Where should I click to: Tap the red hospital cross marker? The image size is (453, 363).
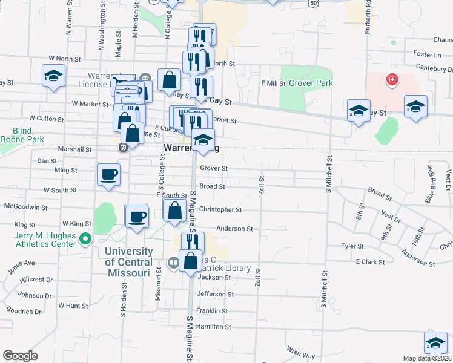392,79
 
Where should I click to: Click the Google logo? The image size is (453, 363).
20,356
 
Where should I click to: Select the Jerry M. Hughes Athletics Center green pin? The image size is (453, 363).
85,238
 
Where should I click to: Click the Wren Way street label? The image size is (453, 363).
301,352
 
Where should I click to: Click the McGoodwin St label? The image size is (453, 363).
25,207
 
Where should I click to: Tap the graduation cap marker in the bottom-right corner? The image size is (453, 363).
435,343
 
